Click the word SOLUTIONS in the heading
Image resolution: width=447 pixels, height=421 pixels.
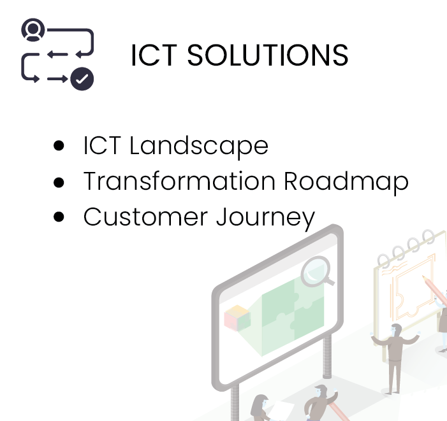point(268,55)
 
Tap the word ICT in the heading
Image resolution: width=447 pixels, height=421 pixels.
point(154,55)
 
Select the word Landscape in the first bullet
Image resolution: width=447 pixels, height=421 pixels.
point(199,146)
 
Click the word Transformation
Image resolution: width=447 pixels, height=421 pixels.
point(179,181)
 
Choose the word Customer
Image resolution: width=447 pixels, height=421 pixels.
point(145,217)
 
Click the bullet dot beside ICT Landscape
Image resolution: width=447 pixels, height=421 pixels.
point(59,145)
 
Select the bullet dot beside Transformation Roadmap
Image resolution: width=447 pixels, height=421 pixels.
point(59,182)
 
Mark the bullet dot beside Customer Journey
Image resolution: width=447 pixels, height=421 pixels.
point(59,217)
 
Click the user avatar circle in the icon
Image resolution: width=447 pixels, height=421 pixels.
point(33,30)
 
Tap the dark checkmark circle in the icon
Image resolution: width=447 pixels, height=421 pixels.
point(82,79)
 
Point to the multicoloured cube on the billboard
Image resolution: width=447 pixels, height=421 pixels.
point(237,318)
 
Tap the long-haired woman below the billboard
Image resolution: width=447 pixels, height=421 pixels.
point(260,408)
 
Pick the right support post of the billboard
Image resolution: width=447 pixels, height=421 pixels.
point(327,356)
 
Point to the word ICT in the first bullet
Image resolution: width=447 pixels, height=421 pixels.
point(102,145)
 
